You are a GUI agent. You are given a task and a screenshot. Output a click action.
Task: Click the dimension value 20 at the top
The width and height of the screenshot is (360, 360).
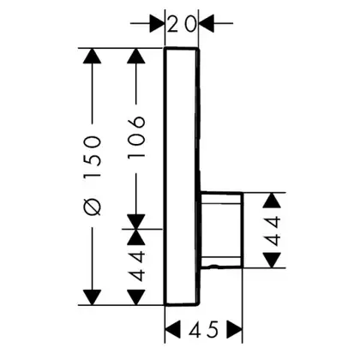(x=182, y=23)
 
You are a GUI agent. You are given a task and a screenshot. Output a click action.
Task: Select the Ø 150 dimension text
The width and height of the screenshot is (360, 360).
(x=93, y=176)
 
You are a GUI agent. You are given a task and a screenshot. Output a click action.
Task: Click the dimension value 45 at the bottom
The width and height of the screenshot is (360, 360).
(x=203, y=330)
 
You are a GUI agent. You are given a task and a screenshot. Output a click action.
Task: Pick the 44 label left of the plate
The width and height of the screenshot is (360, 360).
(x=136, y=266)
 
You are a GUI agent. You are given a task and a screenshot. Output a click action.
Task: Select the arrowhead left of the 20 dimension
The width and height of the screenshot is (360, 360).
(x=158, y=23)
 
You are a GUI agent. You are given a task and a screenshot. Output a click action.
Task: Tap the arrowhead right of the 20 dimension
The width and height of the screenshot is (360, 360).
(x=207, y=23)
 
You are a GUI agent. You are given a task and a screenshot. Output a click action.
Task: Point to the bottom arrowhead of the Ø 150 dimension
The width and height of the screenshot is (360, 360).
(x=92, y=297)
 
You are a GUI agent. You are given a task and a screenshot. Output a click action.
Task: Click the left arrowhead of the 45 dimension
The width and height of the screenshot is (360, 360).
(x=173, y=329)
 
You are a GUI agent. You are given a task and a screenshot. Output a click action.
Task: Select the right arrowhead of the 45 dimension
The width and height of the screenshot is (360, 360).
(x=234, y=329)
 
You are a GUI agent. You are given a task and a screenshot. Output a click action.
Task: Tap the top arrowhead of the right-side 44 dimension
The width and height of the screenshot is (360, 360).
(x=272, y=201)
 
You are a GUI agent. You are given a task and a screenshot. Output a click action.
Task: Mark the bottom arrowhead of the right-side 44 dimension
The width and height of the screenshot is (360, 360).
(x=272, y=260)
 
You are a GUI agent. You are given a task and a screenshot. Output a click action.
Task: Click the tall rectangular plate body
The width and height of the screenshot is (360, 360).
(x=182, y=177)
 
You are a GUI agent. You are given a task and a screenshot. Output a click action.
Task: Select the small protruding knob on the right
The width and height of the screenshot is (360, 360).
(x=222, y=231)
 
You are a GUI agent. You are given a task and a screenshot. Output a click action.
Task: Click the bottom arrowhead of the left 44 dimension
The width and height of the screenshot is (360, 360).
(x=136, y=297)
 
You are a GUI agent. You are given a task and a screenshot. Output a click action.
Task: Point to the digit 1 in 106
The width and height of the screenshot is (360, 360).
(x=136, y=154)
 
